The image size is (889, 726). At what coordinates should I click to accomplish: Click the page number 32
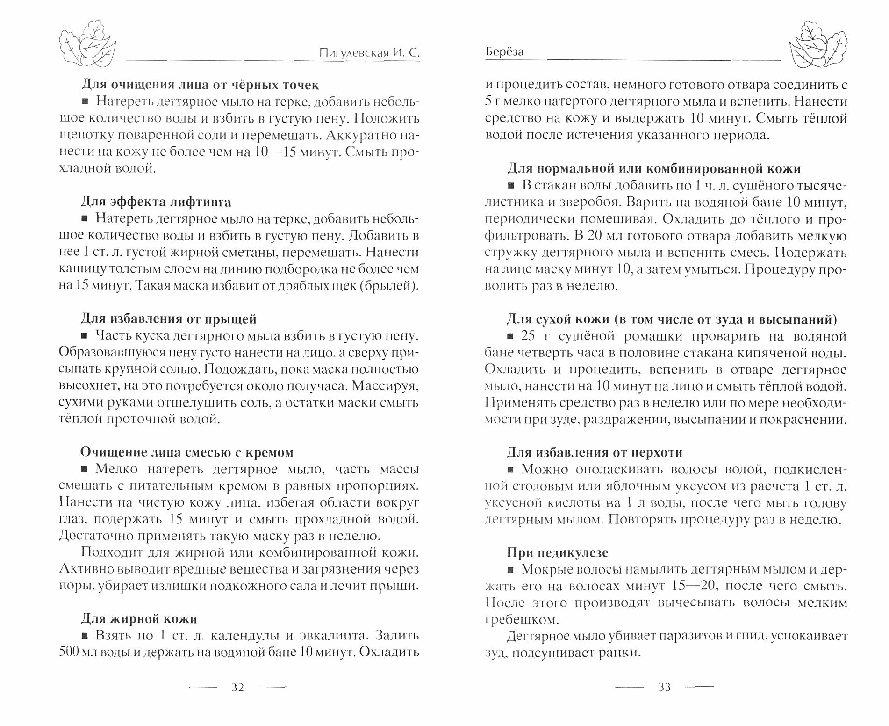(238, 688)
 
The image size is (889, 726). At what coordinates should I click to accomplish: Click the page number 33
(664, 688)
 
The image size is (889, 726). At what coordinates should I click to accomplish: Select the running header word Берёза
(504, 52)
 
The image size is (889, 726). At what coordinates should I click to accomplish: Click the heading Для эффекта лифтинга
(156, 202)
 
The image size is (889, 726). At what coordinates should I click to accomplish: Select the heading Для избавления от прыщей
(169, 319)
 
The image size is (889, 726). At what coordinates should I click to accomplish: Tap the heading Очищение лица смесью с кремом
(187, 452)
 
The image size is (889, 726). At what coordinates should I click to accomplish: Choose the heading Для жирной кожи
(139, 619)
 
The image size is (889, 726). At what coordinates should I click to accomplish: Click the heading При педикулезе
(558, 552)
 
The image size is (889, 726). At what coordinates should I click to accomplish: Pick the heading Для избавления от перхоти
(595, 452)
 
